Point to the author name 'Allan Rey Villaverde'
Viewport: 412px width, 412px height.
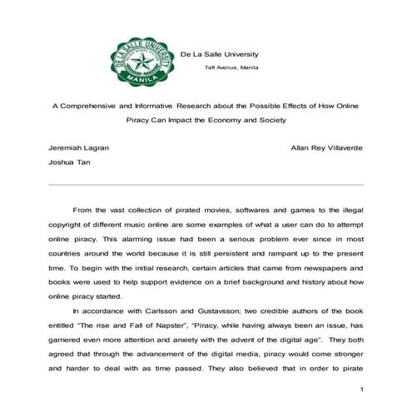point(327,147)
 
